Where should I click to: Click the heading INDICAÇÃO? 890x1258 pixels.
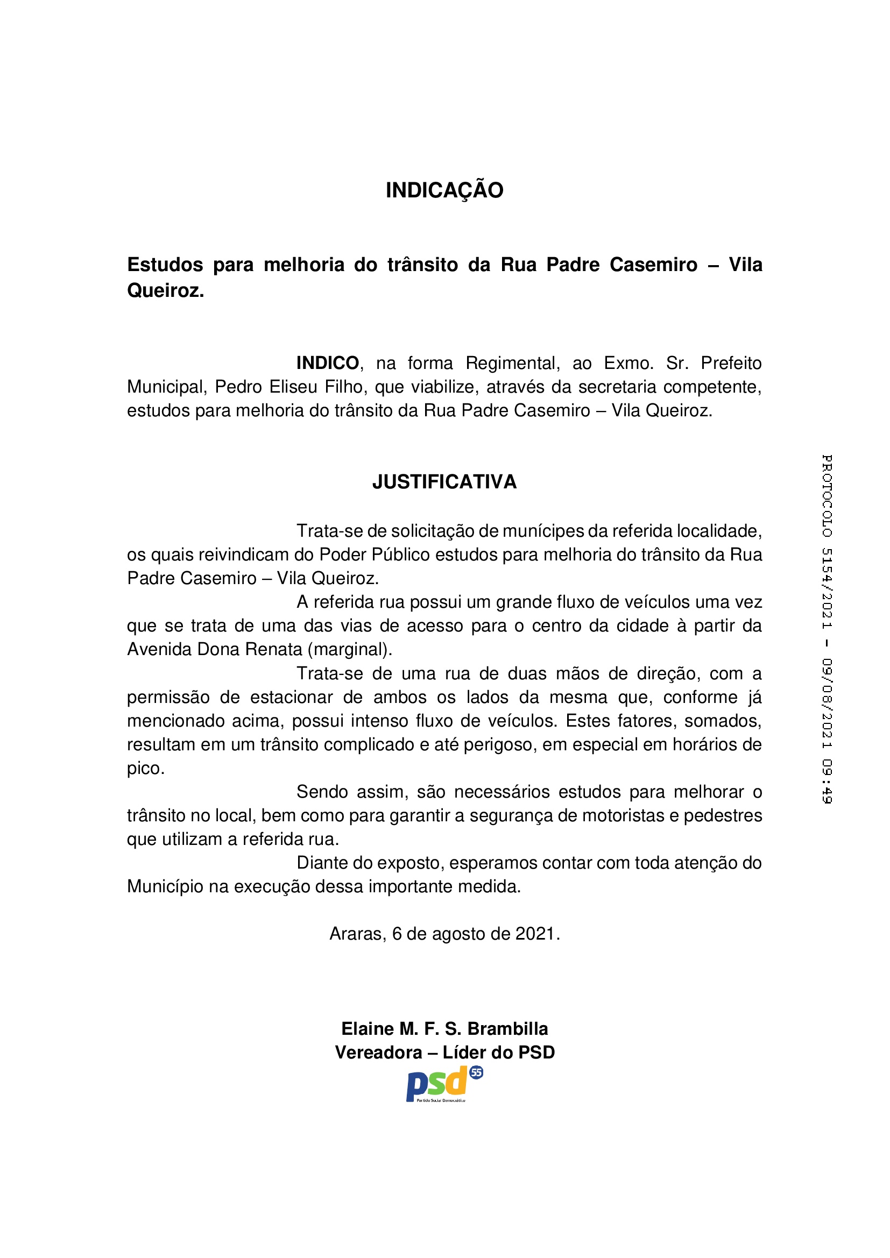[444, 190]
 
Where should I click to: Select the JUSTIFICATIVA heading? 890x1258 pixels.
[444, 481]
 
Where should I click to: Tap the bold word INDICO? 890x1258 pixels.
[327, 363]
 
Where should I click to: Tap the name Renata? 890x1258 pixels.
[273, 649]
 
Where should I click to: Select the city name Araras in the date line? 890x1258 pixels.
[358, 934]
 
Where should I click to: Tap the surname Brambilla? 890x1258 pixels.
[507, 1028]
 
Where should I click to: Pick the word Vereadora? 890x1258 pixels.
[379, 1053]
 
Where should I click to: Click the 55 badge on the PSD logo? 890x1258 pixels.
[476, 1072]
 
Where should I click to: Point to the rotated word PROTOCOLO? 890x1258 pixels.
[827, 495]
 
